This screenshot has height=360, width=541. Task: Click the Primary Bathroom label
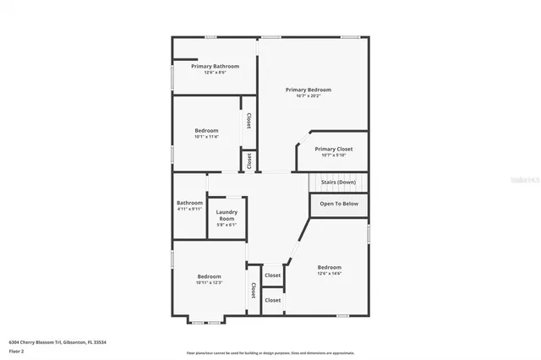pyautogui.click(x=215, y=66)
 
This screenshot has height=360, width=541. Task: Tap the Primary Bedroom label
pyautogui.click(x=308, y=90)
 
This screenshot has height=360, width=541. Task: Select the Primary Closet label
pyautogui.click(x=333, y=149)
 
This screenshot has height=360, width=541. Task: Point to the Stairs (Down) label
pyautogui.click(x=336, y=183)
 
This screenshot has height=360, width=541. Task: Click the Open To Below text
pyautogui.click(x=339, y=204)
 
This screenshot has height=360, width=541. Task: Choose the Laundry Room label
pyautogui.click(x=227, y=215)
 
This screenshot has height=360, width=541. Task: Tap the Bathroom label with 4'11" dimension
pyautogui.click(x=189, y=203)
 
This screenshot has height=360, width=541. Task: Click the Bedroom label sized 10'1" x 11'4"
pyautogui.click(x=206, y=130)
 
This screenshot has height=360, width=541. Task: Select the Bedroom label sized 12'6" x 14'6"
pyautogui.click(x=329, y=267)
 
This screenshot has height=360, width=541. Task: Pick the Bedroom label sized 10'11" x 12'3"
pyautogui.click(x=209, y=276)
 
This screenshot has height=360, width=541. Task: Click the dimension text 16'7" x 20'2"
pyautogui.click(x=308, y=95)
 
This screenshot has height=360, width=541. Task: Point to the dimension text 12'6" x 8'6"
pyautogui.click(x=215, y=73)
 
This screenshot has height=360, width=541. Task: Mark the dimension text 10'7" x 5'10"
pyautogui.click(x=333, y=155)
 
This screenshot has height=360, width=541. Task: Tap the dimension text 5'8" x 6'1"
pyautogui.click(x=227, y=225)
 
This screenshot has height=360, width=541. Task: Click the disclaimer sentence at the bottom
pyautogui.click(x=270, y=353)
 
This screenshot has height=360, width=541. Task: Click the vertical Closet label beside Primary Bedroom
pyautogui.click(x=249, y=121)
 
